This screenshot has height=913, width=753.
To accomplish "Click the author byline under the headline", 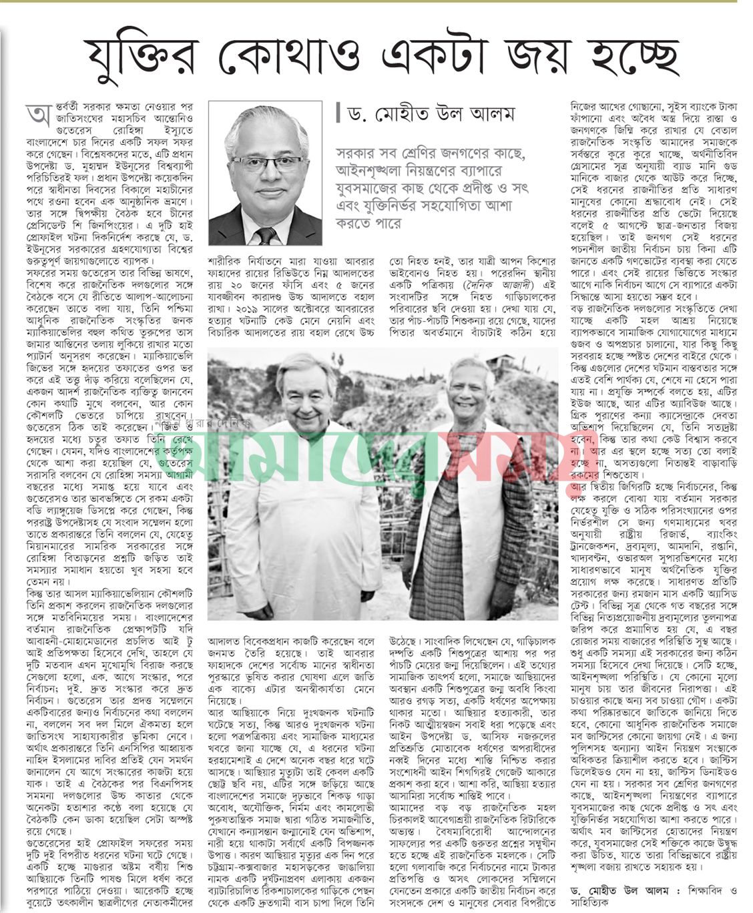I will (x=431, y=114).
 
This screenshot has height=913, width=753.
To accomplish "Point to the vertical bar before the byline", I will (x=338, y=114).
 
